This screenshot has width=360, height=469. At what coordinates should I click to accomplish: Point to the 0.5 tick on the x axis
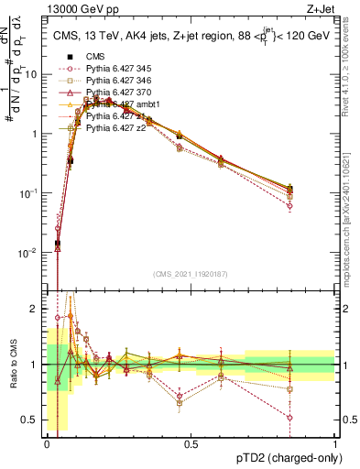coord(191,443)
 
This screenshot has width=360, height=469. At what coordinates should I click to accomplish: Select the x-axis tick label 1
coord(335,443)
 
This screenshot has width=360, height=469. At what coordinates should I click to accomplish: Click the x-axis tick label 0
coord(48,443)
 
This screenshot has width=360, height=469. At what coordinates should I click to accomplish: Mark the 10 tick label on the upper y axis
coord(33,74)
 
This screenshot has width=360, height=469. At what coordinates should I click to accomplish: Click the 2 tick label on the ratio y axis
coord(37,310)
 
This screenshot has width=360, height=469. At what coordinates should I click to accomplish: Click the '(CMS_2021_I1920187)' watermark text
coord(191,274)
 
